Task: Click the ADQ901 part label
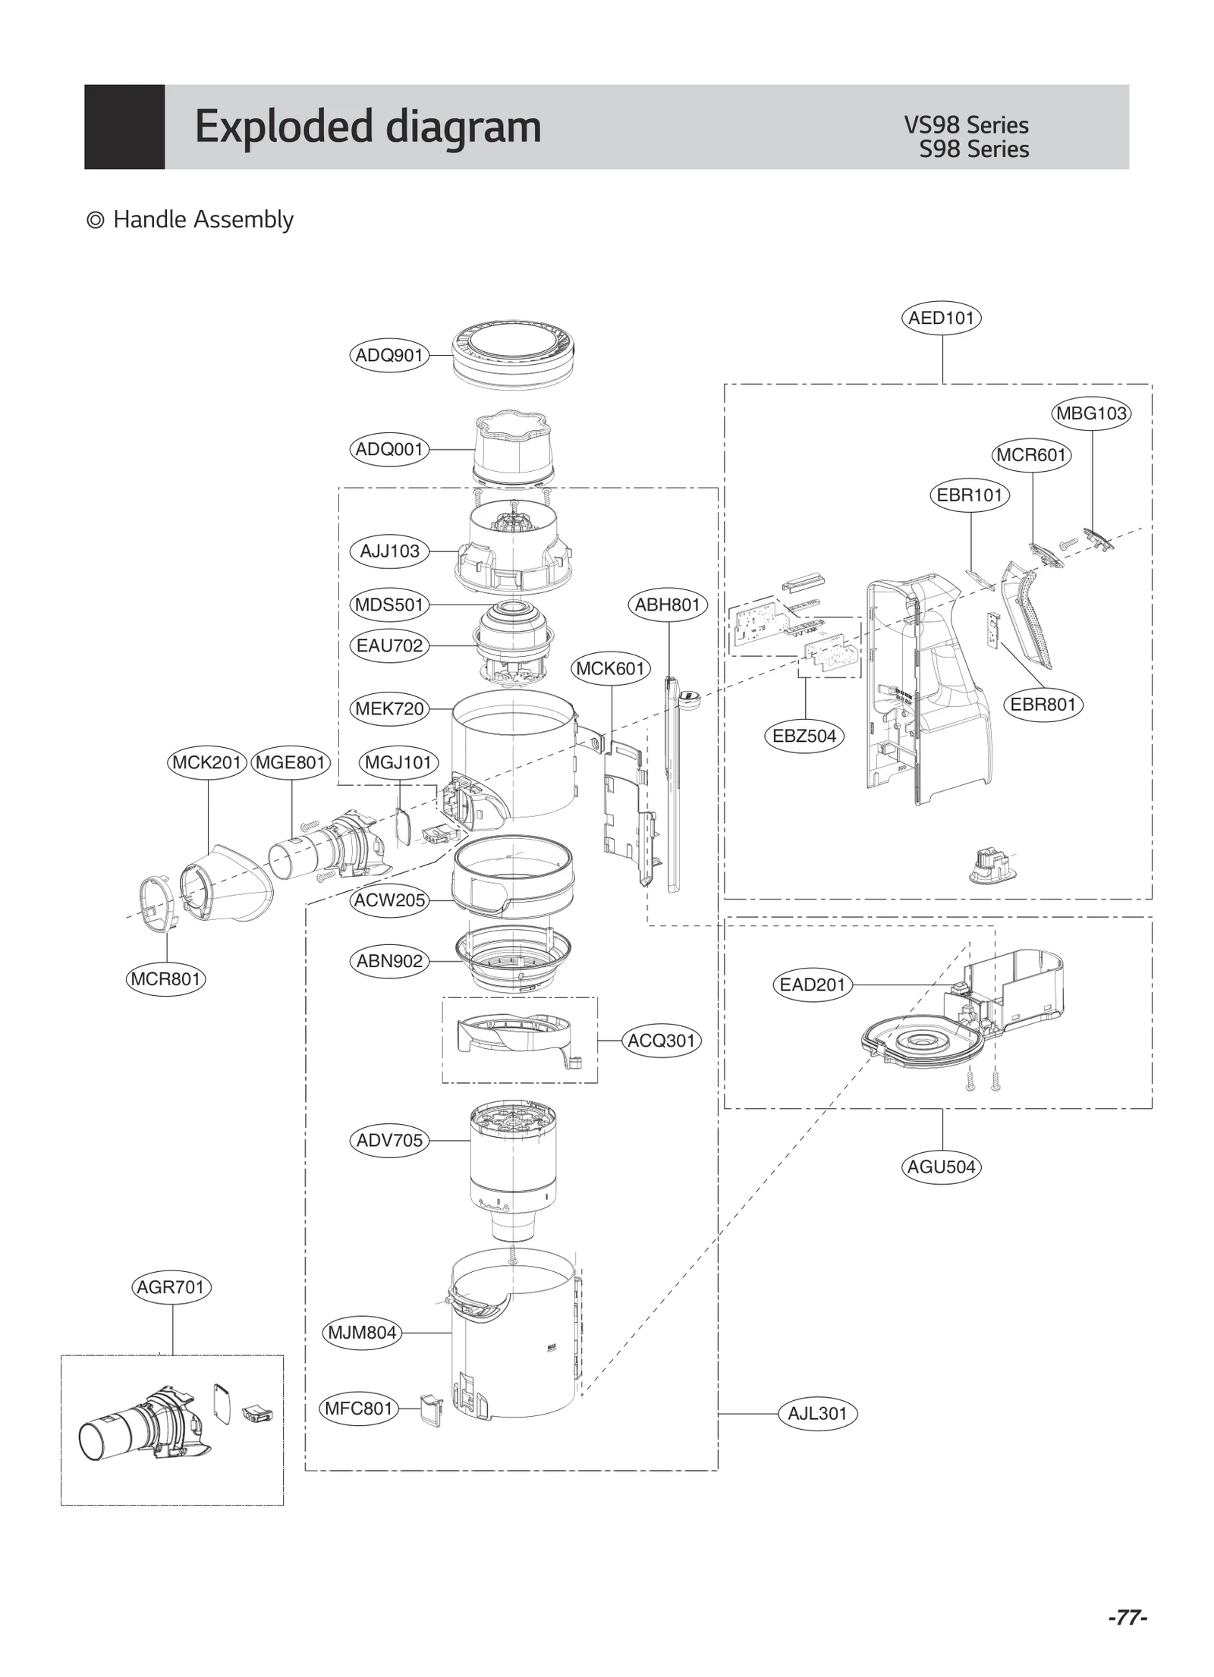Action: (388, 355)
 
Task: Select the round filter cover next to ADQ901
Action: (512, 356)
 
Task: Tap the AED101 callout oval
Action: (941, 318)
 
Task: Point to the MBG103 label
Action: (1091, 413)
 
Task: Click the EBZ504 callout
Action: (804, 736)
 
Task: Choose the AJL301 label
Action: (817, 1413)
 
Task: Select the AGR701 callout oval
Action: (171, 1287)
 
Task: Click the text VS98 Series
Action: (966, 125)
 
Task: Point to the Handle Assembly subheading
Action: (203, 220)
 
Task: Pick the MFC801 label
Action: (359, 1408)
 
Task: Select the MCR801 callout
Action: (165, 978)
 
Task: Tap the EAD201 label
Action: (812, 985)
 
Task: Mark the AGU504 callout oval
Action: (942, 1167)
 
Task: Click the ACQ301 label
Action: (661, 1041)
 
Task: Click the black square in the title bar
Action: (124, 127)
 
